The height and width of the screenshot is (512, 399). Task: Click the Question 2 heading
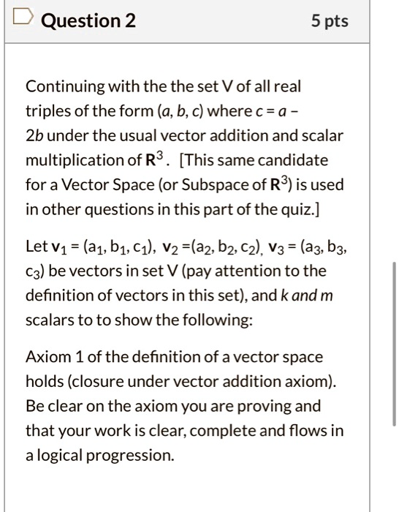88,22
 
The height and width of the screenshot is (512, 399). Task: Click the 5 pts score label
329,22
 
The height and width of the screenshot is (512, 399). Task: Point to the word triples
48,111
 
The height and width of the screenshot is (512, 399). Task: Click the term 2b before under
35,135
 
